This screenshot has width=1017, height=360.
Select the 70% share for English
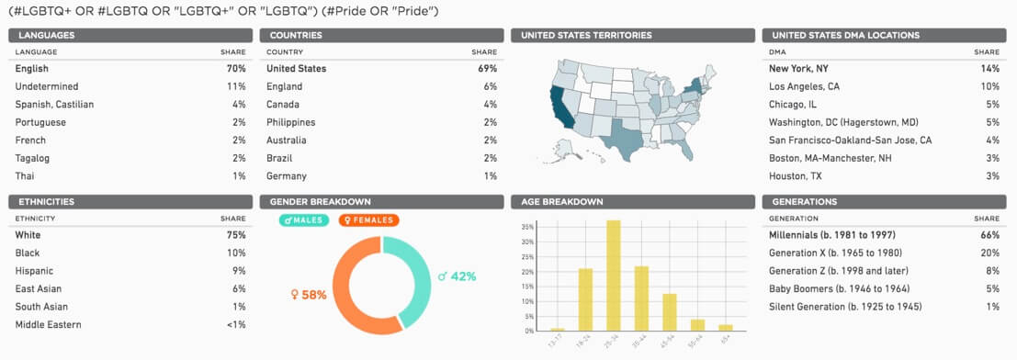[x=236, y=69]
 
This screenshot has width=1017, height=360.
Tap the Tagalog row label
[x=33, y=158]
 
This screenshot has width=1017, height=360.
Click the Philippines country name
[x=290, y=122]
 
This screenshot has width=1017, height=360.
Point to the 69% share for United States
[x=487, y=69]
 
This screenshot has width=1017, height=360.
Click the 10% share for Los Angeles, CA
[x=989, y=86]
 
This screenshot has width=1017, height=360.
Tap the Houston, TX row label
[x=797, y=175]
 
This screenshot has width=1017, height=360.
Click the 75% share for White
[x=236, y=235]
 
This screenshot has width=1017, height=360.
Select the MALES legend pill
[x=304, y=220]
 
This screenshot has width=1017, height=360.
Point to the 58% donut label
[x=309, y=295]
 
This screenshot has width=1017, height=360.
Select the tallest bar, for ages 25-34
[x=613, y=276]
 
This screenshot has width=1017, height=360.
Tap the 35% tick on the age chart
[x=526, y=226]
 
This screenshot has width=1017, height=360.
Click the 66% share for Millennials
[x=989, y=235]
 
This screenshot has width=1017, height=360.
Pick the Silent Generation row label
[x=844, y=307]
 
